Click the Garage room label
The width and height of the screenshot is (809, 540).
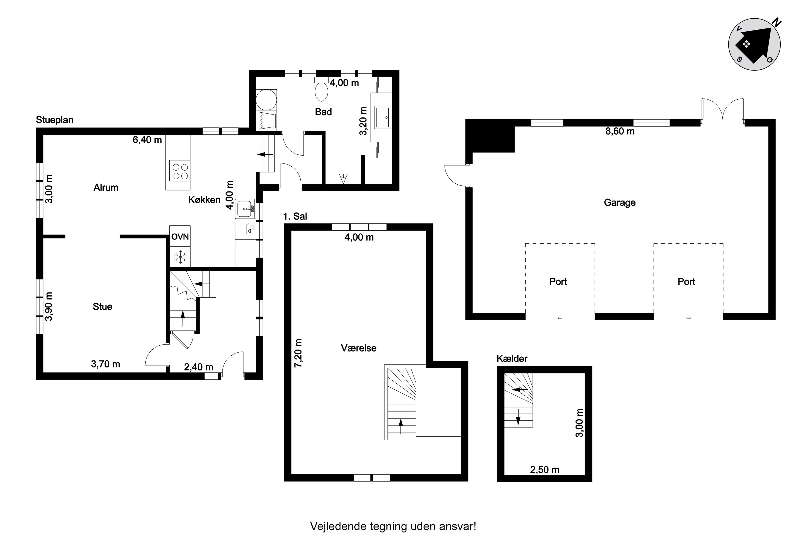pos(619,202)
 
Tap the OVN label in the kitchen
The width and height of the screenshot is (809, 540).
pos(180,237)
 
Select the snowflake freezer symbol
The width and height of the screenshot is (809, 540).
pos(180,257)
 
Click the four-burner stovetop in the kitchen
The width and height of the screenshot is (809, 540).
pos(180,171)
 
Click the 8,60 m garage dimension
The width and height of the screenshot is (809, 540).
pos(620,131)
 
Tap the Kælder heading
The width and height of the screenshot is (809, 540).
pos(512,359)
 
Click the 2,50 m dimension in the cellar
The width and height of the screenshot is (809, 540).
pos(544,470)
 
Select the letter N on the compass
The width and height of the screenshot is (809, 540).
pos(776,23)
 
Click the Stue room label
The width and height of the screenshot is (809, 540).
pos(102,306)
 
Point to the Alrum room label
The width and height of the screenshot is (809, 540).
pos(106,187)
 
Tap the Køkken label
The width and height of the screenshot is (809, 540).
pos(204,200)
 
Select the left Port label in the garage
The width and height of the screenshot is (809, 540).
pos(558,281)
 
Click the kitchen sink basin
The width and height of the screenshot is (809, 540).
pos(245,208)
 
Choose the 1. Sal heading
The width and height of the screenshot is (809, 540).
pos(295,216)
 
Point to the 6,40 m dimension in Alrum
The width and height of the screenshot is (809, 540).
pos(147,140)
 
